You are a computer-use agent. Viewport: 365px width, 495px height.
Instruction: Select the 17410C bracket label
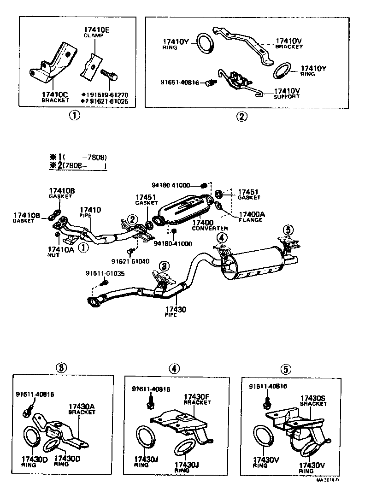pos(55,96)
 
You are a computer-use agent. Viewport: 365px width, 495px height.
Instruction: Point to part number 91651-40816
pos(179,83)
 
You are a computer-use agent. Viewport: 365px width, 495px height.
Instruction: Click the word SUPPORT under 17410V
pos(286,97)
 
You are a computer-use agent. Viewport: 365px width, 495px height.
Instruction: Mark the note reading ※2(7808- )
pos(78,166)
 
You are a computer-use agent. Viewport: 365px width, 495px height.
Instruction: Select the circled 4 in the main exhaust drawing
pos(222,238)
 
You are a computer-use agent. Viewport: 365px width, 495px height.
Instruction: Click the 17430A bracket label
pos(82,409)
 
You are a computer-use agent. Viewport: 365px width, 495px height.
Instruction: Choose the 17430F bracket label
pos(197,399)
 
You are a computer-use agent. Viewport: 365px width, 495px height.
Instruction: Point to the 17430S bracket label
pos(313,400)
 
